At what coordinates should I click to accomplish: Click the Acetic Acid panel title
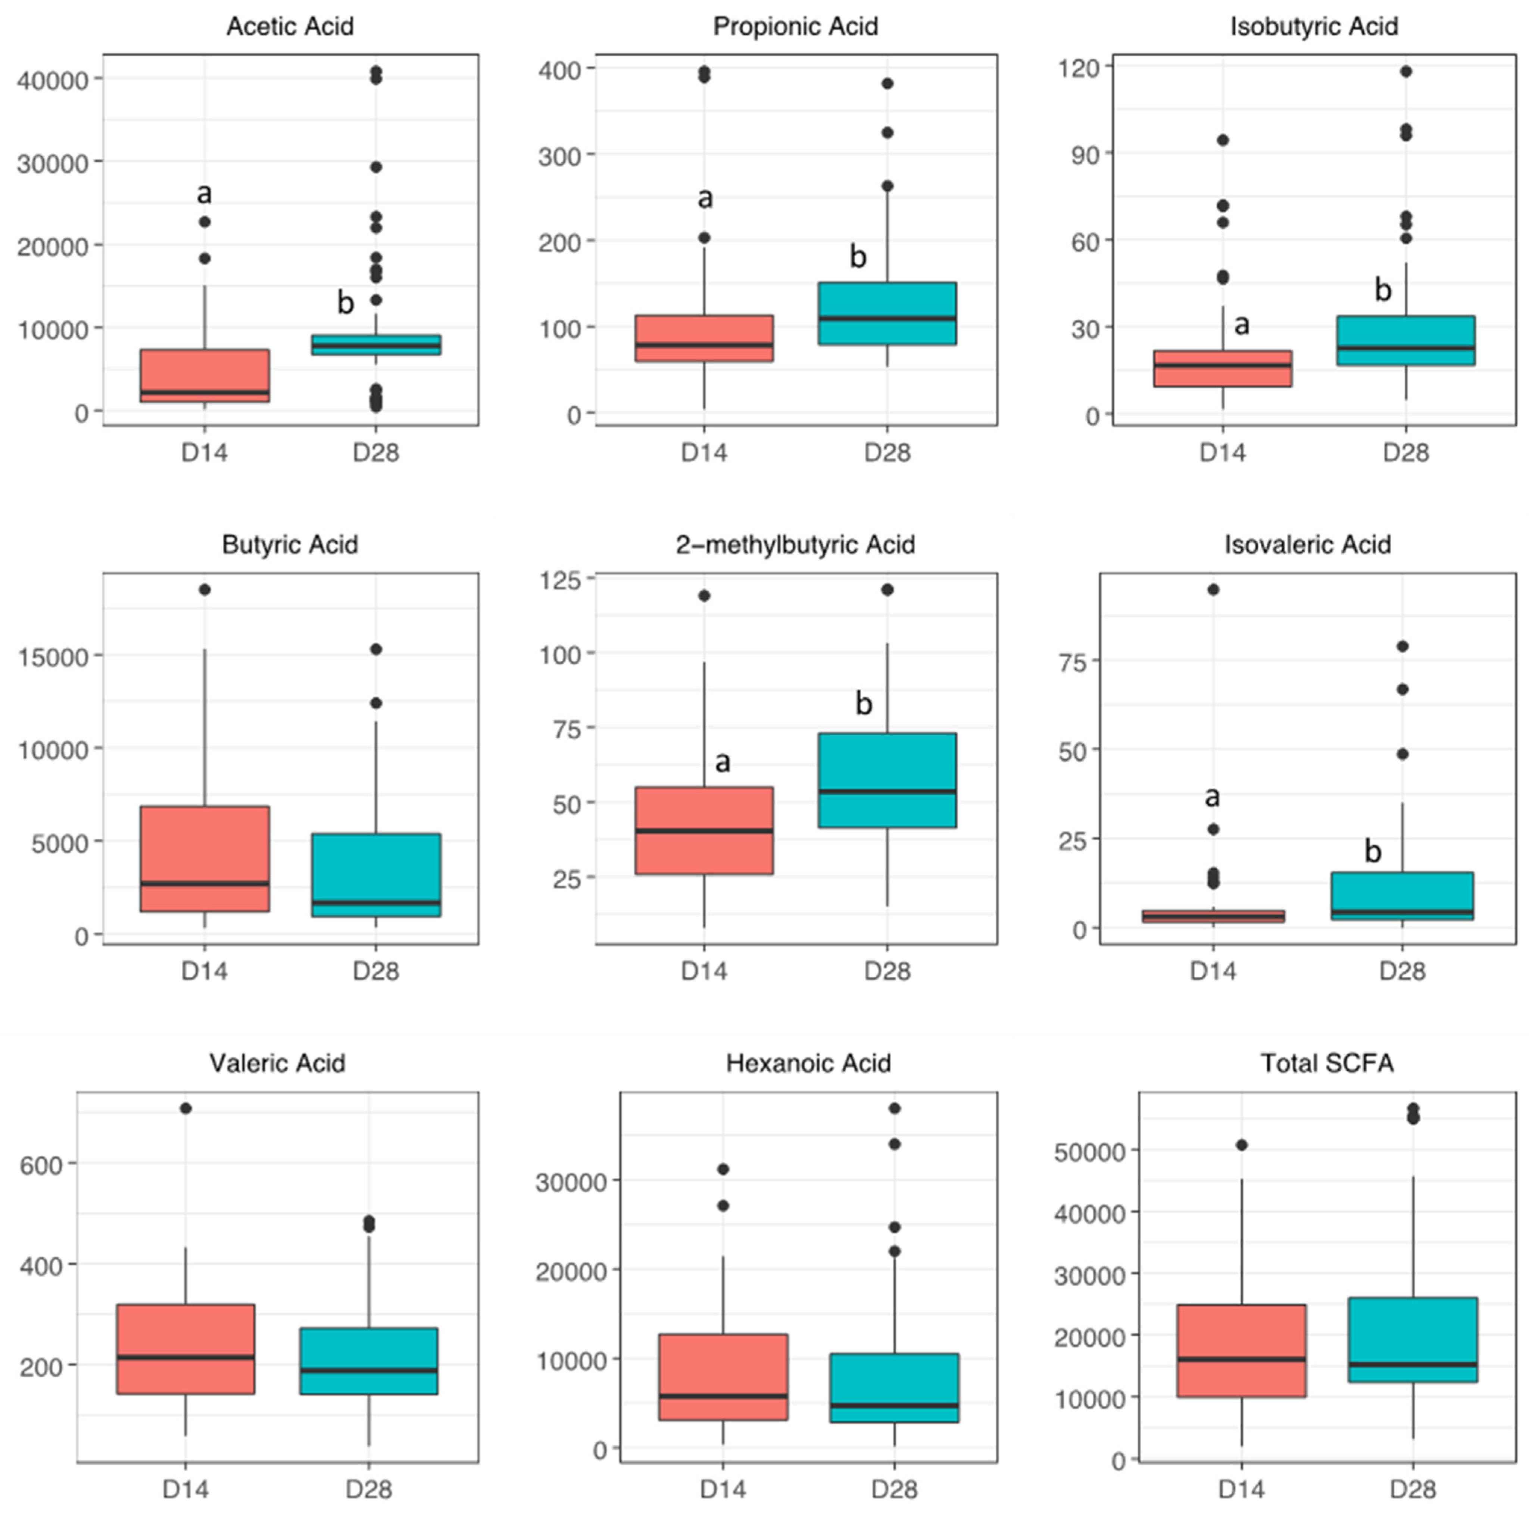[x=290, y=26]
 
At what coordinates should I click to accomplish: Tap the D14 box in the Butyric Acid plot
[x=205, y=858]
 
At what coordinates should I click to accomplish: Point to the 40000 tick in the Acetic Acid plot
[x=54, y=79]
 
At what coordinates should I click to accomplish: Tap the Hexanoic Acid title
[x=808, y=1063]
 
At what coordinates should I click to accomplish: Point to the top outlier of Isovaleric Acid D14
[x=1213, y=589]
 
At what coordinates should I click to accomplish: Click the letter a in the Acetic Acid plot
[x=204, y=193]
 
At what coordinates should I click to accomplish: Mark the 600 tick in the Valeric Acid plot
[x=41, y=1165]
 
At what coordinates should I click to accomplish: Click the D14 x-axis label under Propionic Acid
[x=704, y=453]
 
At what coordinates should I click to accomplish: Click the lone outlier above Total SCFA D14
[x=1242, y=1145]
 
